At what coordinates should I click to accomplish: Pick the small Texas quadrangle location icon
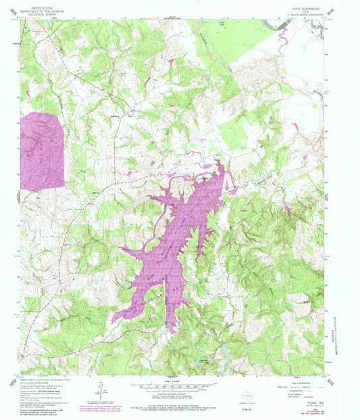(x=249, y=391)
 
